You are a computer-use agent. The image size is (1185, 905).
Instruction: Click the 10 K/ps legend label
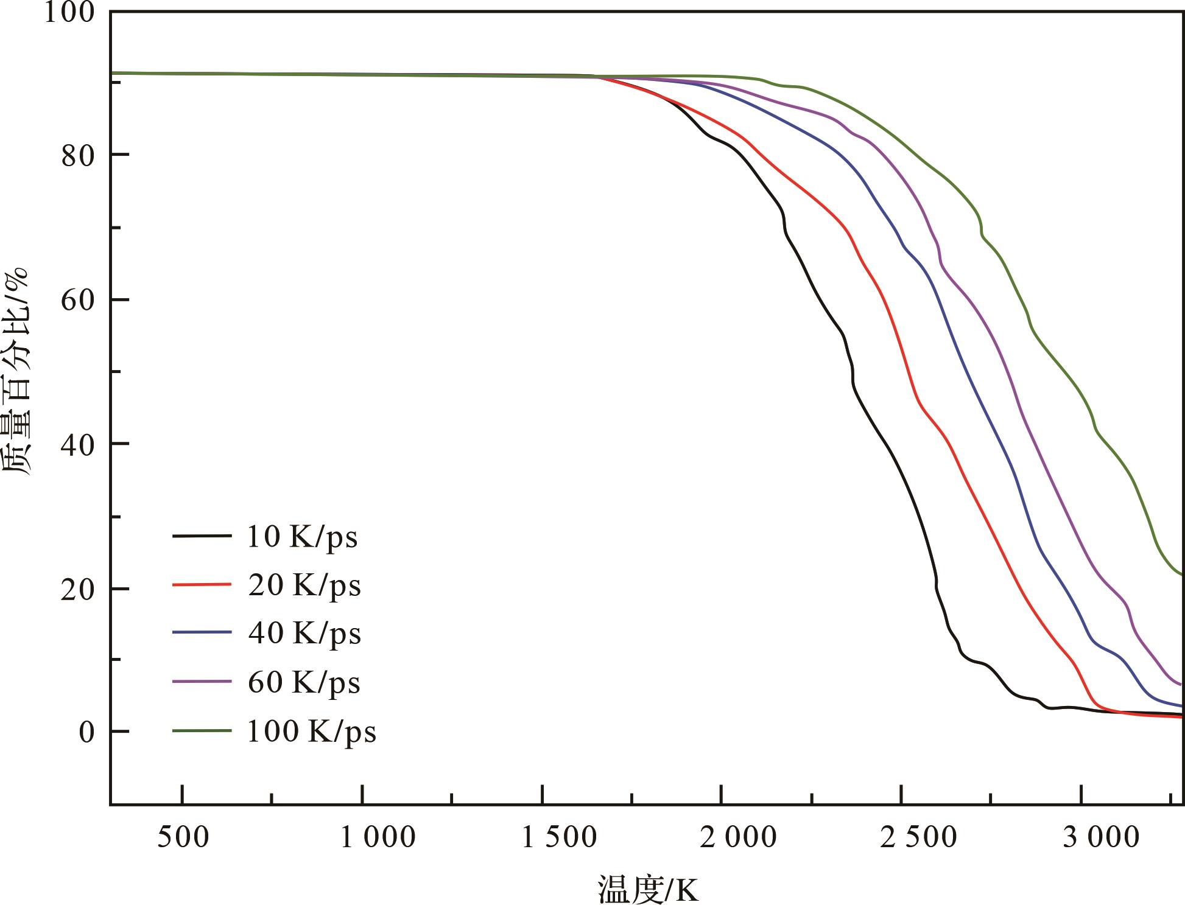302,537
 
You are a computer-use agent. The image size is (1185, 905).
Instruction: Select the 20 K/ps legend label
304,586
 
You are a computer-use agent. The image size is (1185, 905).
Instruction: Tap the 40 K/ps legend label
304,634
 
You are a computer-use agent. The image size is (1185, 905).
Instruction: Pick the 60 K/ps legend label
304,683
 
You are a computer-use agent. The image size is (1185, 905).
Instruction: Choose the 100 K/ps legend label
311,732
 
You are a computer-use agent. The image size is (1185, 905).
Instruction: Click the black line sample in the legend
202,536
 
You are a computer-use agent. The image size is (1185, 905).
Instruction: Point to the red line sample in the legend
202,585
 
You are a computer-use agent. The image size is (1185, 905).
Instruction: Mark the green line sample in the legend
202,730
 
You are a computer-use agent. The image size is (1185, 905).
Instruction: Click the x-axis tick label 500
183,837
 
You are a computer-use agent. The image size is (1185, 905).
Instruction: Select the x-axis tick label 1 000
378,837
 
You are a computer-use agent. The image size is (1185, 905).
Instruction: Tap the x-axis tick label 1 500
559,837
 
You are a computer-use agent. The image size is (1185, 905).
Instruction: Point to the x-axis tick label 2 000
738,837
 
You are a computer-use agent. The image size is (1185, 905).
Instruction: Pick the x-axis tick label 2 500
919,837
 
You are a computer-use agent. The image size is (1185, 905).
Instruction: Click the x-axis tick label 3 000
1101,837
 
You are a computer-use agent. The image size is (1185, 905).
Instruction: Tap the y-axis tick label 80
78,156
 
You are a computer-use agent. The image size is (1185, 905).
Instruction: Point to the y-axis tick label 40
78,445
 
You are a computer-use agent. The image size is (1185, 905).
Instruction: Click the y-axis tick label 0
86,732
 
